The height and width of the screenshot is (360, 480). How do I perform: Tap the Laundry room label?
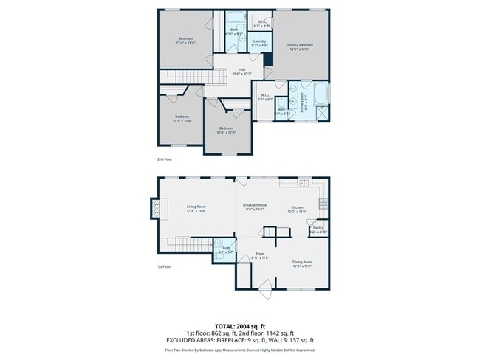click(x=258, y=44)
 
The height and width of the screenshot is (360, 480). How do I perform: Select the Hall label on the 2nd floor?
click(x=241, y=72)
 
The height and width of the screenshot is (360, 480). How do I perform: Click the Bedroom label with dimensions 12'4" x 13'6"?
click(x=185, y=41)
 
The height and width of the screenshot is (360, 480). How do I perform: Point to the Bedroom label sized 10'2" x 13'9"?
click(x=182, y=119)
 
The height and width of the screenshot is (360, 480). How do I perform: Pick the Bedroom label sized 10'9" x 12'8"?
click(x=226, y=131)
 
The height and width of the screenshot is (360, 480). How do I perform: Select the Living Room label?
click(x=196, y=209)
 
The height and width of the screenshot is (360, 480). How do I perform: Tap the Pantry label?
click(x=318, y=229)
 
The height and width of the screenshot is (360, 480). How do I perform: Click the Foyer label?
click(x=260, y=255)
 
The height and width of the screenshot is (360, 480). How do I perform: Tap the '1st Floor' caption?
click(x=164, y=267)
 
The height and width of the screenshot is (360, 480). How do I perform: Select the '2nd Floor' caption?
click(x=164, y=159)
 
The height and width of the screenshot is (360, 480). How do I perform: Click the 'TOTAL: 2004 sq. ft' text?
click(x=240, y=325)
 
